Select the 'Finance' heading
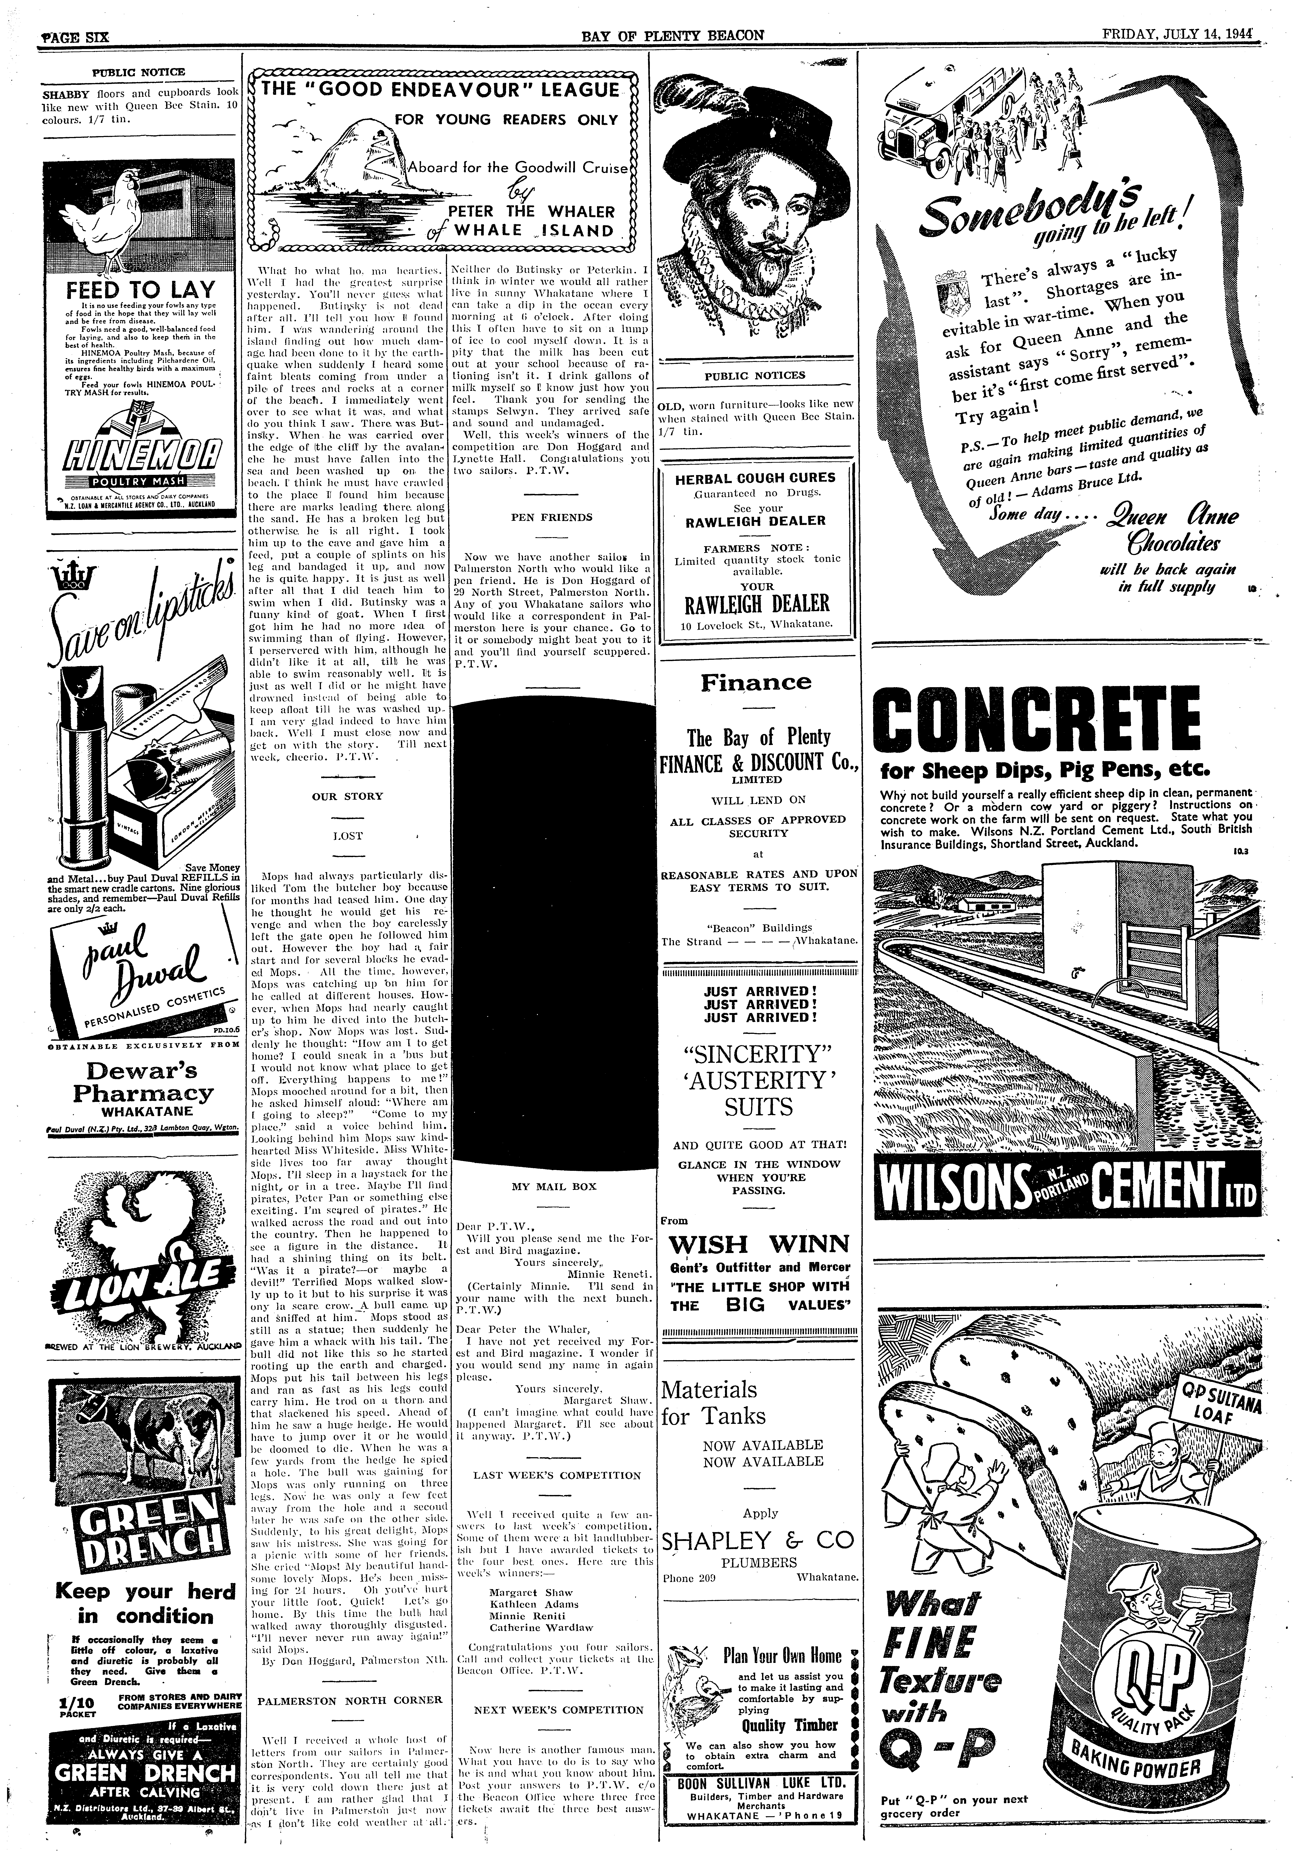pos(756,682)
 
